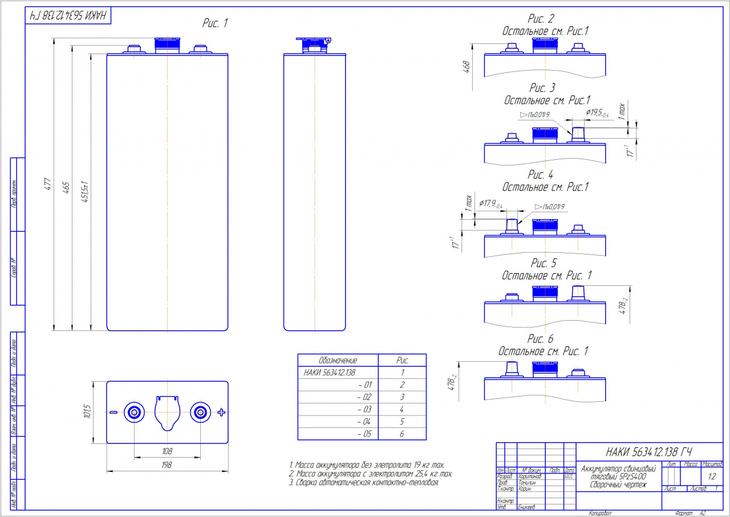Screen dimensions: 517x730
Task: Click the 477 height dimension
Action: [48, 184]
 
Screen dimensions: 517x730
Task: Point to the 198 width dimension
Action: [167, 465]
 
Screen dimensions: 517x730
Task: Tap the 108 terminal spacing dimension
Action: [167, 451]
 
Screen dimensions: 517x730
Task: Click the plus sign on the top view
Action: [221, 413]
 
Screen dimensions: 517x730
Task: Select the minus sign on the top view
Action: [113, 412]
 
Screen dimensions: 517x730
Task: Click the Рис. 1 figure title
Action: [215, 23]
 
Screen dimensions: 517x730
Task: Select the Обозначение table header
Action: [337, 361]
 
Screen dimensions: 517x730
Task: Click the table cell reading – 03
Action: [364, 409]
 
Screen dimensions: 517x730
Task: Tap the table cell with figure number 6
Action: [401, 434]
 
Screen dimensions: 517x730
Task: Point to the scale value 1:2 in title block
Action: [712, 476]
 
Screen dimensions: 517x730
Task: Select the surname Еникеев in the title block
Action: [528, 506]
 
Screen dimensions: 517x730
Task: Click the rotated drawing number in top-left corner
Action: [68, 16]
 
